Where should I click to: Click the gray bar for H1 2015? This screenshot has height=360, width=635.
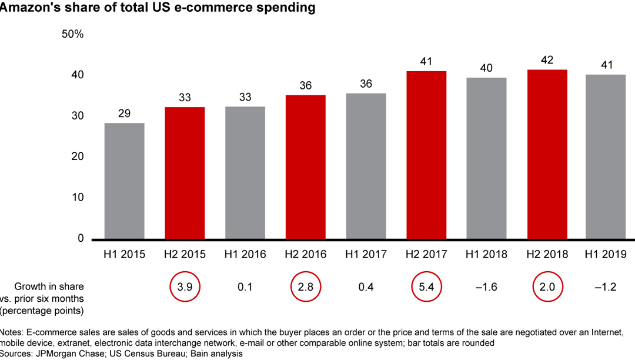(x=124, y=181)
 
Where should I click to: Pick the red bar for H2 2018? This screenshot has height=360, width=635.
(x=547, y=154)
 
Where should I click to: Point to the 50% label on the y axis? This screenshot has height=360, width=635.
(x=73, y=34)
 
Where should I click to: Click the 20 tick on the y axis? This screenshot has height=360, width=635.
(x=78, y=156)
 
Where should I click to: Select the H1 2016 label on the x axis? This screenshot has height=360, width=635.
(x=245, y=254)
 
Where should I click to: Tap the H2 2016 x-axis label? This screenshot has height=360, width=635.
(x=305, y=254)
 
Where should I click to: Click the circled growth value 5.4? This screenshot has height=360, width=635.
(x=426, y=287)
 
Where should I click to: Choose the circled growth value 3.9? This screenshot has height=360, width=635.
(x=185, y=287)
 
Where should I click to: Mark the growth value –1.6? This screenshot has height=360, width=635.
(x=486, y=287)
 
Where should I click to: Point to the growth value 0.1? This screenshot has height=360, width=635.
(x=245, y=287)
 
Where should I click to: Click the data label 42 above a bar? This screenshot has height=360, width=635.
(x=547, y=60)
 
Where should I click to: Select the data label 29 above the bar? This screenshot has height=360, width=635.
(x=124, y=113)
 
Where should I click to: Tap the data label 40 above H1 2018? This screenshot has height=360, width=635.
(x=486, y=68)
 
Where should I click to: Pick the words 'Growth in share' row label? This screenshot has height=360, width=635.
(x=49, y=286)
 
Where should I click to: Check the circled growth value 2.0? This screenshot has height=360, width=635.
(x=547, y=287)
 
